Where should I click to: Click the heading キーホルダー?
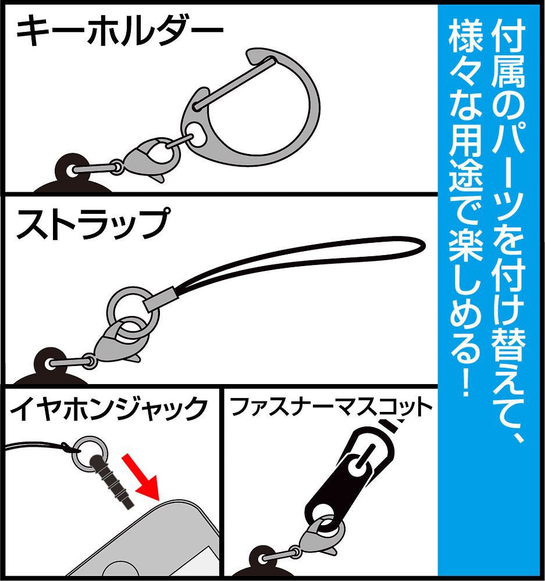click(x=119, y=34)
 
